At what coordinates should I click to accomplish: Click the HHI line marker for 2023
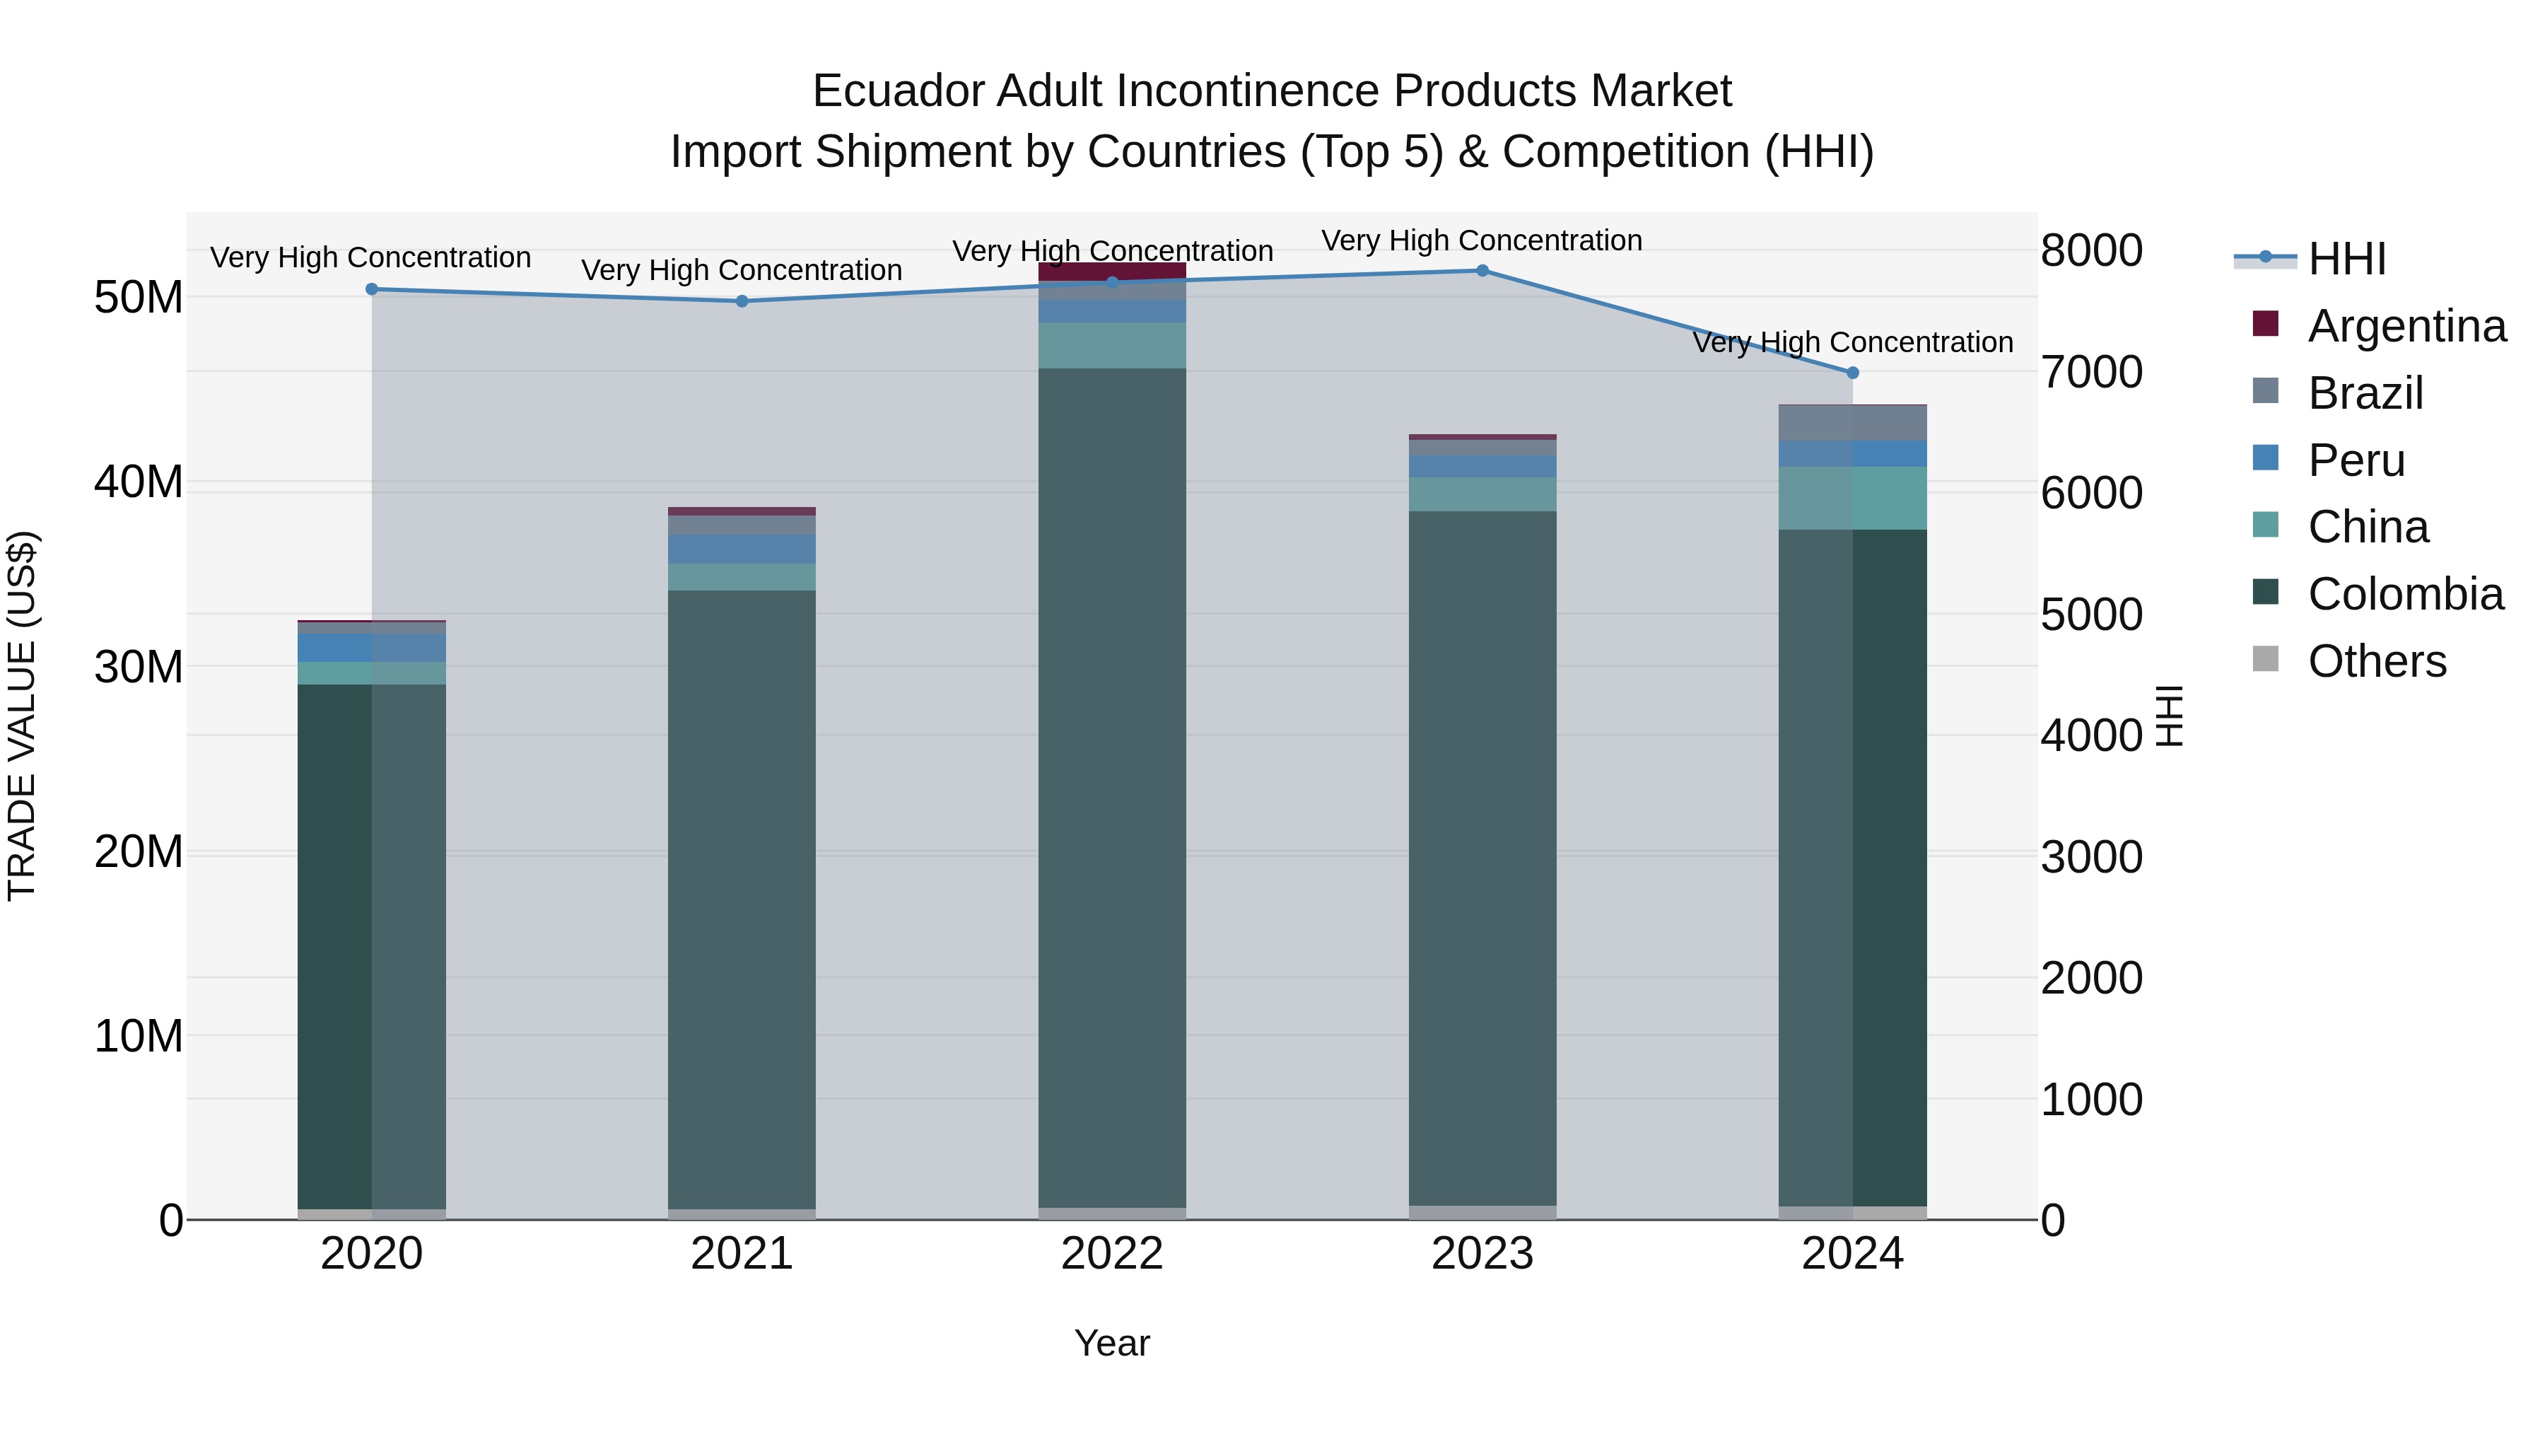click(1482, 271)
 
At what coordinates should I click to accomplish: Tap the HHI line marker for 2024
click(1852, 373)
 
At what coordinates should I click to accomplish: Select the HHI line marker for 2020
click(371, 289)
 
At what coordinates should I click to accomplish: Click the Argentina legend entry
click(2406, 326)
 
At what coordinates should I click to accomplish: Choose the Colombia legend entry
click(2405, 594)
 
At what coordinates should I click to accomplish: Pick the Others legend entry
click(2376, 661)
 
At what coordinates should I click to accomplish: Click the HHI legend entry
click(2346, 259)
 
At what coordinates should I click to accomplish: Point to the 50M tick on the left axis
click(139, 298)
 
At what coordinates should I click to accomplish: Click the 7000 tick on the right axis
click(2092, 373)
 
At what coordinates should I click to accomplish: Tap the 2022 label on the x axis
click(1111, 1254)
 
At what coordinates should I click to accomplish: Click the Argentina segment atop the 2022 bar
click(1111, 271)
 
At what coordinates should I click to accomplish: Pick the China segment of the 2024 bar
click(1852, 498)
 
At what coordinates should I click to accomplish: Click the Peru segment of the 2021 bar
click(742, 549)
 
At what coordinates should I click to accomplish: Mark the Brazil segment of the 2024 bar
click(1852, 423)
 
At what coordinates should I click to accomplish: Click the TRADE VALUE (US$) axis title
click(22, 716)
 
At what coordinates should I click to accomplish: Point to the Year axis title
click(1111, 1343)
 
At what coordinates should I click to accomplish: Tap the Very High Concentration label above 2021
click(742, 270)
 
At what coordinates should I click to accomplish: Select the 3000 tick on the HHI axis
click(2092, 857)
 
